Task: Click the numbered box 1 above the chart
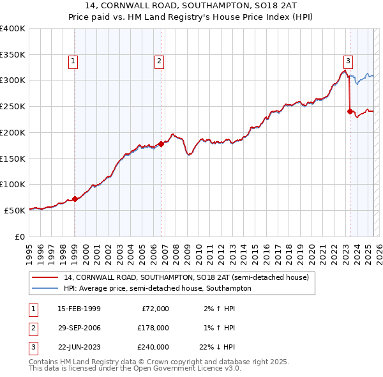point(74,61)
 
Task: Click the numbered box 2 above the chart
point(159,61)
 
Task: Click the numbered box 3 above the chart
point(348,61)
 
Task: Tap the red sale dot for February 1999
point(75,199)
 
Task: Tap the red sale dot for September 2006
point(161,144)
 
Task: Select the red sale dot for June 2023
point(350,111)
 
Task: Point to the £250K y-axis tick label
point(13,107)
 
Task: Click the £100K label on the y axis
point(13,185)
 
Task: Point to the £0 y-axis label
point(20,236)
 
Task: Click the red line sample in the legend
point(45,277)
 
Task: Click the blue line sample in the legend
point(45,288)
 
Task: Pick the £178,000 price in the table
point(153,328)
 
